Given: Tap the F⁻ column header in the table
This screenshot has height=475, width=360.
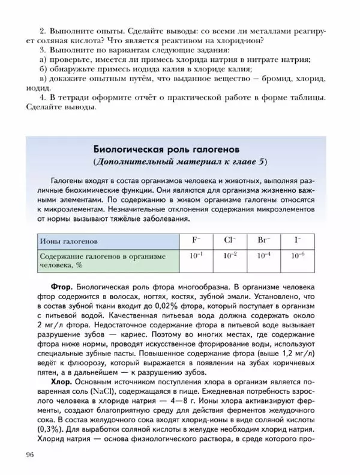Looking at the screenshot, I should click(197, 240).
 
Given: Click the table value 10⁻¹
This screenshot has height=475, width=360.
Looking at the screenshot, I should click(197, 256).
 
